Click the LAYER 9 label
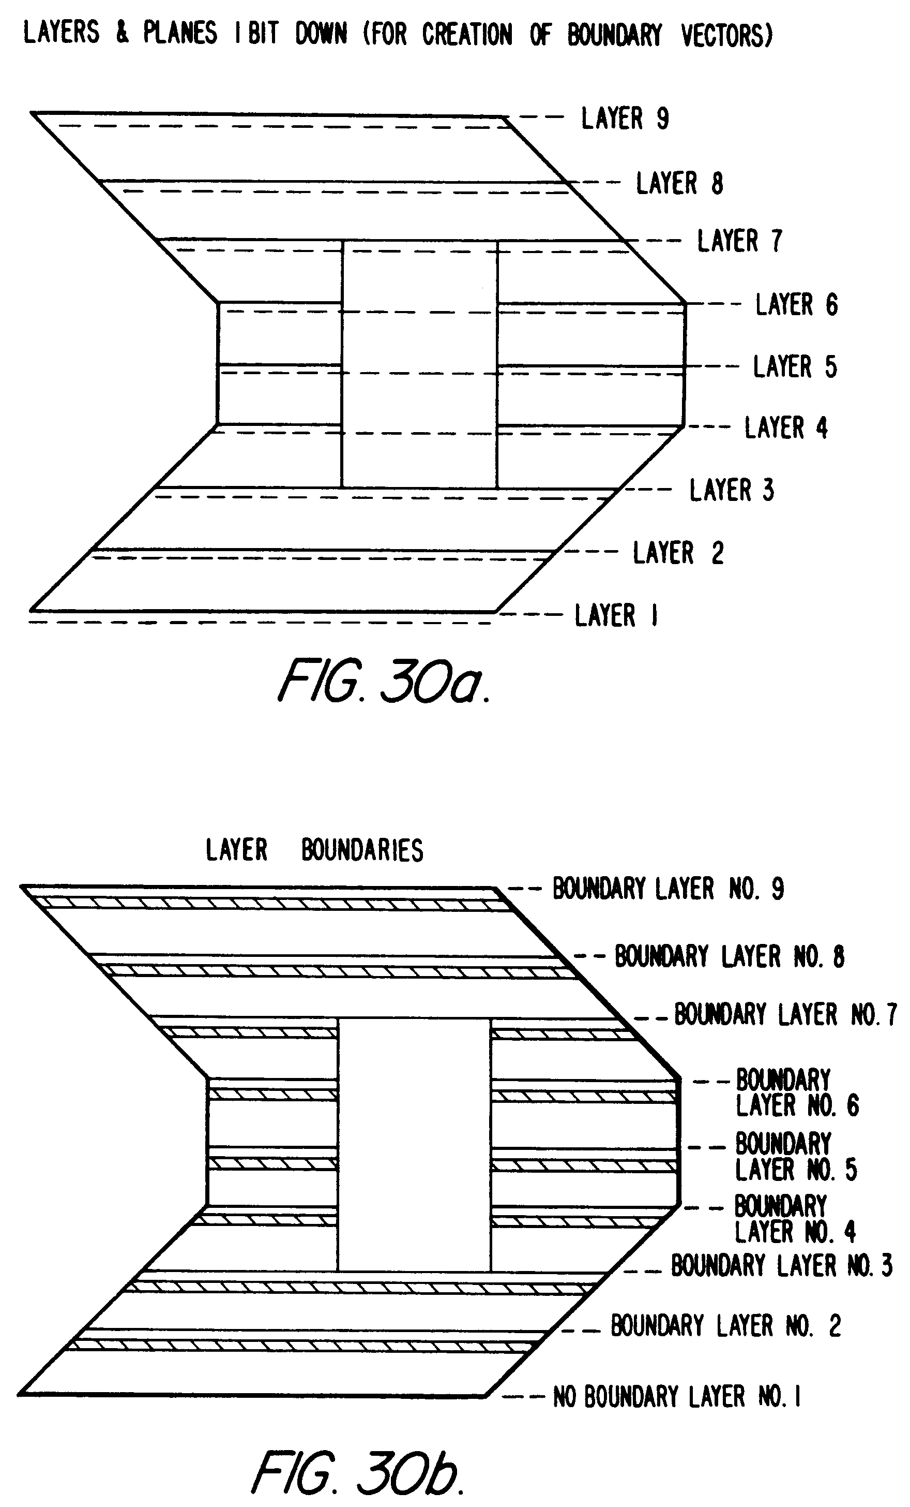[x=625, y=118]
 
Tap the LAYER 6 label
[x=796, y=305]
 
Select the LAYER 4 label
[x=786, y=427]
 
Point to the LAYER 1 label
[x=616, y=615]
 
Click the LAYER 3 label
[x=732, y=490]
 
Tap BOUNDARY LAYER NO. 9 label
[x=668, y=889]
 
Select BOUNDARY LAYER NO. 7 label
[x=785, y=1014]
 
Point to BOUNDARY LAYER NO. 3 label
[x=782, y=1266]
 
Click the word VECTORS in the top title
[x=726, y=35]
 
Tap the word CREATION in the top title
[x=467, y=34]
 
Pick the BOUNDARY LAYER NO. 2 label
[x=726, y=1326]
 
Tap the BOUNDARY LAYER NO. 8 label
[x=729, y=956]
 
